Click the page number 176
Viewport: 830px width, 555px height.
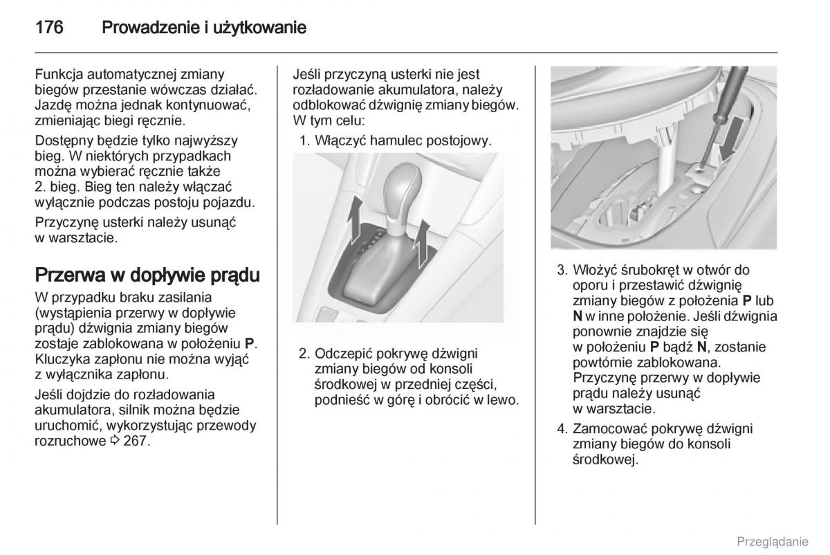pos(49,28)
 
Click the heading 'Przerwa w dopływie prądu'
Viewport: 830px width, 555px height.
pos(147,275)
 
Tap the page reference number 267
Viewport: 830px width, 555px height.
pos(137,441)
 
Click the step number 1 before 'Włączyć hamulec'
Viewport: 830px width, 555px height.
pos(303,140)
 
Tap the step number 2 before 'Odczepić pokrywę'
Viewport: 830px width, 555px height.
pos(303,353)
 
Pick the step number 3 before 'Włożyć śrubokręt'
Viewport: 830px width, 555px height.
pos(561,270)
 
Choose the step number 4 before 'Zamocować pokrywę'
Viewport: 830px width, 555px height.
pos(561,428)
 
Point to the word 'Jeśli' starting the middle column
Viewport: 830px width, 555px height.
pos(308,74)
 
